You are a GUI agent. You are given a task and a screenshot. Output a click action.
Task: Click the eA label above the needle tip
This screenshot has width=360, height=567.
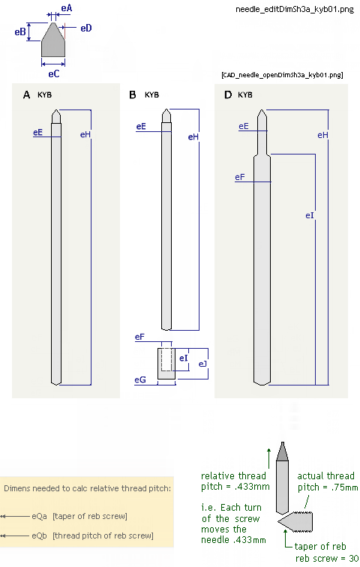pyautogui.click(x=67, y=8)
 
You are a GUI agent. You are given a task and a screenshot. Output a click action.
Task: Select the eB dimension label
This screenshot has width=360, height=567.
pyautogui.click(x=20, y=32)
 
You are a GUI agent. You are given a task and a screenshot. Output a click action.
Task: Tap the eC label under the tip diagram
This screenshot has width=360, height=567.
pyautogui.click(x=53, y=74)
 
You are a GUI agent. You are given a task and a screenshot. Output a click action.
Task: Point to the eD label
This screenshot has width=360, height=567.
pyautogui.click(x=86, y=28)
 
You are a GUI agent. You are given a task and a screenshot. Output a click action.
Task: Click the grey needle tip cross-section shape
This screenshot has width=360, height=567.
pyautogui.click(x=53, y=40)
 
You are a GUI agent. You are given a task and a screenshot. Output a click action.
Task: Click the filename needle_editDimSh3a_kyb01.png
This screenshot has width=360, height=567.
pyautogui.click(x=295, y=10)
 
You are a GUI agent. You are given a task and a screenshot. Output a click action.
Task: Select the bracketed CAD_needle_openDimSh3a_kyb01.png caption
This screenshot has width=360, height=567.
pyautogui.click(x=282, y=75)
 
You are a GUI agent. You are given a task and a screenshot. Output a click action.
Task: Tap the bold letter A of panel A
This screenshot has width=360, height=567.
pyautogui.click(x=26, y=94)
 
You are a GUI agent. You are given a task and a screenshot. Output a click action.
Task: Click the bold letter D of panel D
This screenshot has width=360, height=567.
pyautogui.click(x=228, y=94)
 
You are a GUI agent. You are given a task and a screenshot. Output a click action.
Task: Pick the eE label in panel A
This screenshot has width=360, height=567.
pyautogui.click(x=37, y=132)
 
